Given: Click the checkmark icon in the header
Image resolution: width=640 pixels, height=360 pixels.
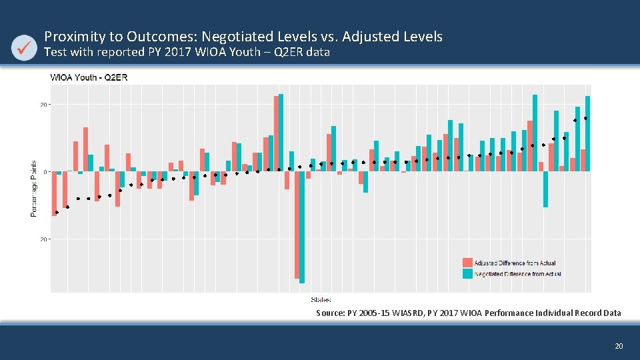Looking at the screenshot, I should click(25, 47).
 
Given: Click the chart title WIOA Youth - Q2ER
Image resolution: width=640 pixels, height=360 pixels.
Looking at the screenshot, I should click(89, 77).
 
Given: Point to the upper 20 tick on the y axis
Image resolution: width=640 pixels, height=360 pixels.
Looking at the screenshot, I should click(43, 105).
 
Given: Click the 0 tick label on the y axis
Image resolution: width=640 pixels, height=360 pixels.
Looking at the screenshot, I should click(45, 171).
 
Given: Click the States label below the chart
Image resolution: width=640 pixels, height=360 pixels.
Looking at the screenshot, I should click(321, 299).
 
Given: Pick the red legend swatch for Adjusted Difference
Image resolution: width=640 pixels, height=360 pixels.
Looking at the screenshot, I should click(468, 263).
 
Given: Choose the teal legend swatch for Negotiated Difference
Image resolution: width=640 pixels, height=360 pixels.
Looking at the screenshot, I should click(468, 273).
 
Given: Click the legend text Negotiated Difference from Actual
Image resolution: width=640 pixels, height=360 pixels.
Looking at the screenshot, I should click(517, 273).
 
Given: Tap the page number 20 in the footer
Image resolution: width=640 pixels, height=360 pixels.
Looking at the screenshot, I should click(618, 346).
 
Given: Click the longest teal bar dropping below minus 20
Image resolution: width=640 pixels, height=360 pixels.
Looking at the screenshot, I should click(302, 227).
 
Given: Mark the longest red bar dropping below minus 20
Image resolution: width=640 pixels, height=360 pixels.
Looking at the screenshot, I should click(297, 225).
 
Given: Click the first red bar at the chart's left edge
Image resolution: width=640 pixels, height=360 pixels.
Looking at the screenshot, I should click(54, 193).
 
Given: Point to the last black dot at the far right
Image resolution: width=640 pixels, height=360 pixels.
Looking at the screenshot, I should click(585, 118).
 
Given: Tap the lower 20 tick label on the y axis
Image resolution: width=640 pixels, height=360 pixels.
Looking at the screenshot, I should click(43, 238).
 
